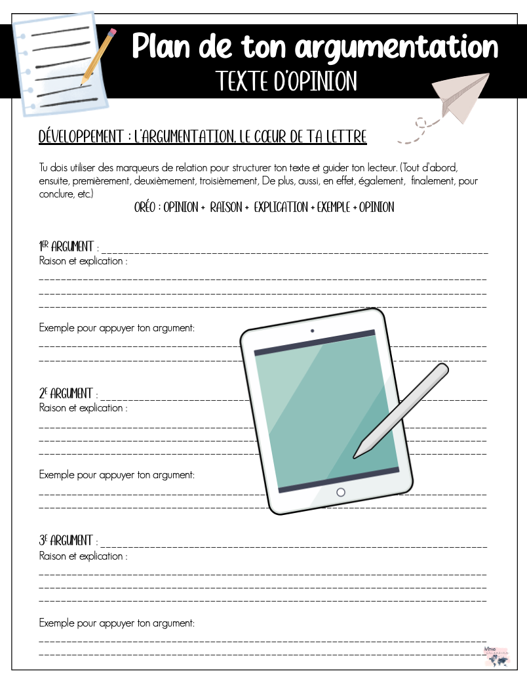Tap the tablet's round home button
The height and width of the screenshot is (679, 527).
tap(340, 492)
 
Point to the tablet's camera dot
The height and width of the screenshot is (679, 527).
tap(312, 331)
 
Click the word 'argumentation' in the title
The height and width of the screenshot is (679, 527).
tap(397, 47)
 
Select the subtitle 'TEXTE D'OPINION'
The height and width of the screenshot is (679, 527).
tap(286, 81)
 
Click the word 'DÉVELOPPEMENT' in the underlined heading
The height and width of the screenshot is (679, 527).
tap(82, 137)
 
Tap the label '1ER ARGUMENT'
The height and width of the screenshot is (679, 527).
tap(66, 247)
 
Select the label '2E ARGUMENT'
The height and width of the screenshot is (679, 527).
tap(66, 394)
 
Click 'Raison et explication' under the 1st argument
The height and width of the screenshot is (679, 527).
tap(83, 261)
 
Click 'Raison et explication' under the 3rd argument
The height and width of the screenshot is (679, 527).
tap(83, 556)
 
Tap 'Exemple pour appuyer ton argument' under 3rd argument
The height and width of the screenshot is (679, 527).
tap(117, 623)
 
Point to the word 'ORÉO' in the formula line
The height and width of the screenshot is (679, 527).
tap(147, 207)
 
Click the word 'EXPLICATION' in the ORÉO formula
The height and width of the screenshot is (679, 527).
tap(281, 207)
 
